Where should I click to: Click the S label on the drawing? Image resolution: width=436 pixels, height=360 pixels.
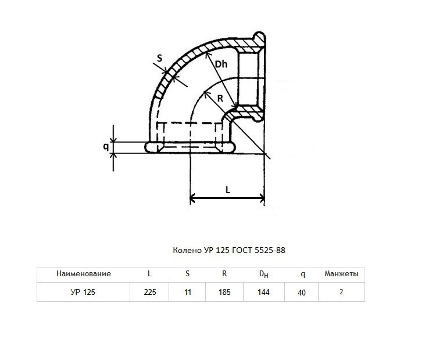(x=159, y=58)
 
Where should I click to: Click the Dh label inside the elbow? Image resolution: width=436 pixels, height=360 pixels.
(x=221, y=65)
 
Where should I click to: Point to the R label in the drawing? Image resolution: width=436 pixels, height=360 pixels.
(x=220, y=98)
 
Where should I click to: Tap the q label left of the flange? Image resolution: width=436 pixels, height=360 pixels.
(x=106, y=146)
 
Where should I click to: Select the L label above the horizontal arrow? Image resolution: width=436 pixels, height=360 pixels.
(x=228, y=190)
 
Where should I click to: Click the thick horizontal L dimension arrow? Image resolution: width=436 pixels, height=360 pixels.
(x=227, y=198)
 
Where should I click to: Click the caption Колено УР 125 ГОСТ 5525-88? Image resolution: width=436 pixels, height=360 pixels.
(x=229, y=251)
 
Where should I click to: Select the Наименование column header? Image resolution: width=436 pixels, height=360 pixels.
(x=84, y=274)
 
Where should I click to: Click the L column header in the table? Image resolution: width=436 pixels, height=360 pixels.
(x=149, y=274)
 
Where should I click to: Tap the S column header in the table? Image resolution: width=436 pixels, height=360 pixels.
(x=187, y=274)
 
